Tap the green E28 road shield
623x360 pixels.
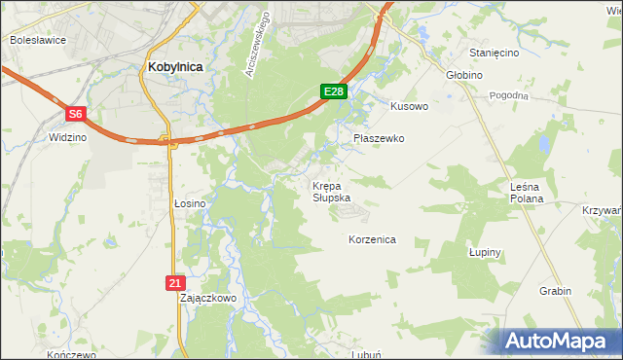(x=333, y=91)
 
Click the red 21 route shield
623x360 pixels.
(x=173, y=282)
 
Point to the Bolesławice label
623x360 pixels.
(x=36, y=41)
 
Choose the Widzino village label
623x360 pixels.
(x=68, y=138)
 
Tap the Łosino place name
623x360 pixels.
(x=190, y=203)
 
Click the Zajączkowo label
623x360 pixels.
(x=208, y=299)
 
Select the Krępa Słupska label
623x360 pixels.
(x=331, y=191)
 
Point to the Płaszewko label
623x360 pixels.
(x=378, y=139)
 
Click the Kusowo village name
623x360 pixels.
(x=409, y=106)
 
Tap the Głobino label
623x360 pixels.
(x=463, y=74)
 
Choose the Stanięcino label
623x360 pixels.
(x=494, y=53)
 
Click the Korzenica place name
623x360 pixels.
(x=372, y=238)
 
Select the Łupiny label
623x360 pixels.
(x=484, y=252)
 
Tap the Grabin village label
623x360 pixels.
(x=555, y=291)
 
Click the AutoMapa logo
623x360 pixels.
(x=560, y=342)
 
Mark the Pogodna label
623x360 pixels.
(x=508, y=95)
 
